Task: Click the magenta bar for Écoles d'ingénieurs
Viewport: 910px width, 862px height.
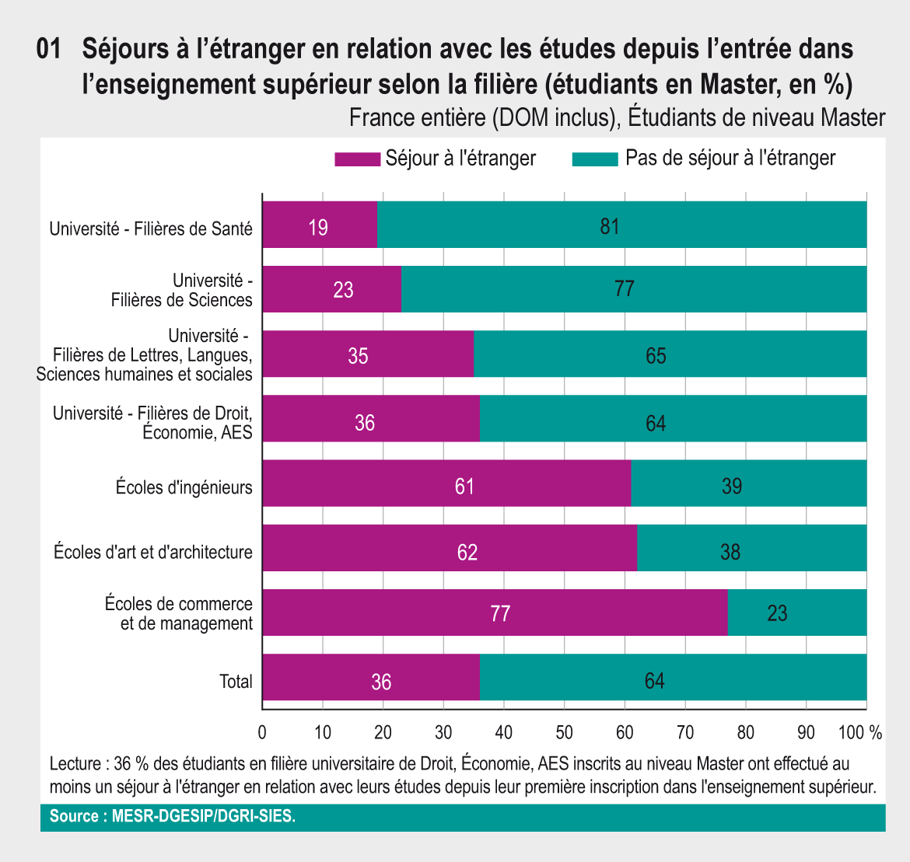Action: (x=404, y=483)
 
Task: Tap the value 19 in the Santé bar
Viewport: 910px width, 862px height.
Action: (x=317, y=228)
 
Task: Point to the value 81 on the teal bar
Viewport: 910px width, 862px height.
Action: (x=609, y=226)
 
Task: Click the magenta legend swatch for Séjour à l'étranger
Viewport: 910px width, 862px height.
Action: (x=357, y=159)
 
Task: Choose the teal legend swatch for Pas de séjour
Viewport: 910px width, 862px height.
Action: (x=595, y=159)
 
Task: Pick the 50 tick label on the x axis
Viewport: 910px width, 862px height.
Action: (x=564, y=732)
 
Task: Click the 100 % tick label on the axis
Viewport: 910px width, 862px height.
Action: (x=860, y=732)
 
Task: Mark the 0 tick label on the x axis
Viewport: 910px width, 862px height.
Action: (x=262, y=732)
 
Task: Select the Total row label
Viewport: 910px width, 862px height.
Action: (x=236, y=682)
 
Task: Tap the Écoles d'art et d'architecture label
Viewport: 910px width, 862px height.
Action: (x=153, y=553)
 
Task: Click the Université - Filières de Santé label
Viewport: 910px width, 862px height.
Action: (x=151, y=229)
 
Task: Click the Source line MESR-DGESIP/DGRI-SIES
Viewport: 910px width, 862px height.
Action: (x=173, y=817)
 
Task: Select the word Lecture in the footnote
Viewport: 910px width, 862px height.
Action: (x=75, y=763)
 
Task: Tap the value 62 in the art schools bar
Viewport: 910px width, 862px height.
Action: (x=467, y=553)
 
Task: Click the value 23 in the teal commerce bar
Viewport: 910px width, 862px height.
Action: (x=777, y=614)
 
